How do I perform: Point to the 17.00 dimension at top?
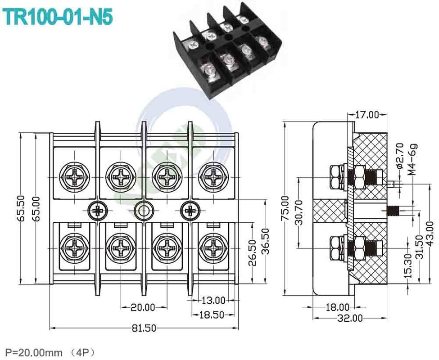point(367,115)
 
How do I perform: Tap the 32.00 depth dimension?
point(350,318)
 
